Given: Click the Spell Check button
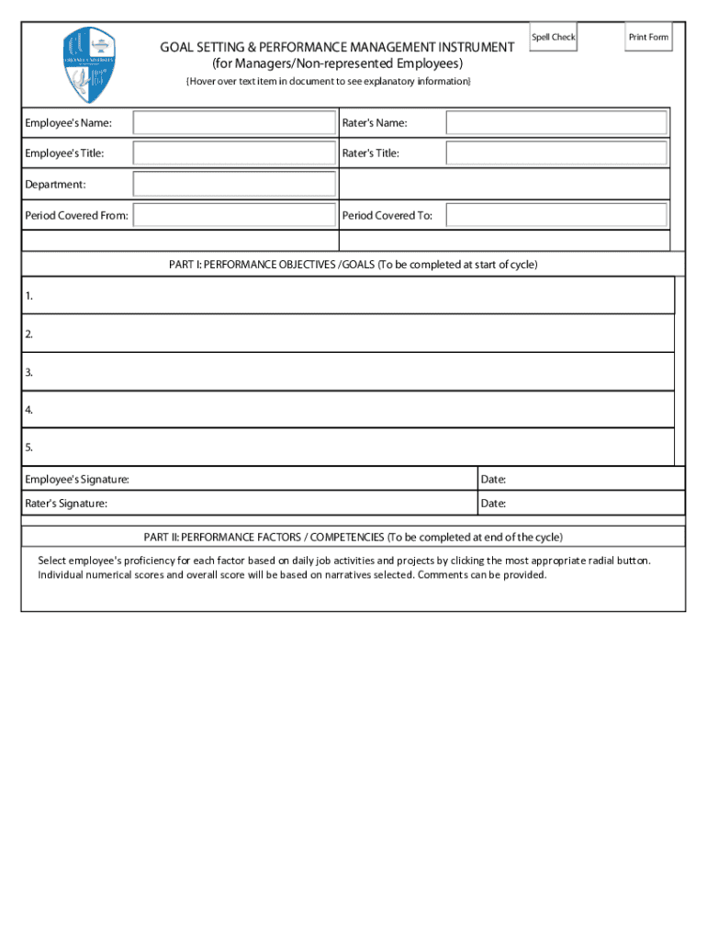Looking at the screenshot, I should pos(553,37).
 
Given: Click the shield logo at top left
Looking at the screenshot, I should pos(89,65).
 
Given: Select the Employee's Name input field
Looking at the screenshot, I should pos(234,123).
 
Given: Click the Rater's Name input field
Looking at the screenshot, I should pos(556,123).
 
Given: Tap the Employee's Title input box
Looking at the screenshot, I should pos(234,153).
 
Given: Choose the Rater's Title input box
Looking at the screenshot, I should pos(556,153).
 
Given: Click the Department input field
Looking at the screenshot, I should pos(234,185).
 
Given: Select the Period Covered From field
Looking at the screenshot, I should pos(234,215).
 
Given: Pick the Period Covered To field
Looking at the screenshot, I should pos(556,215).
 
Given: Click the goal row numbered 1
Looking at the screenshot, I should pos(349,296).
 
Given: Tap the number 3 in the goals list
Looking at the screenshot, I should pos(29,372).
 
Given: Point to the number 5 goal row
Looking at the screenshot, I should pos(349,448).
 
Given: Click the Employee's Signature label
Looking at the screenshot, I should pos(77,480).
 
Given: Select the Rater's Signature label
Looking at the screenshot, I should pos(66,504).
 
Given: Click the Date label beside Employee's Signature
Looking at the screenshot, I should pos(493,480).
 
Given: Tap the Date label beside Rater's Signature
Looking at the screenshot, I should pos(493,504).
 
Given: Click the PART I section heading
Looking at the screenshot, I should pos(353,265).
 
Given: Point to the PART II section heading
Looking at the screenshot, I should pos(353,538).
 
